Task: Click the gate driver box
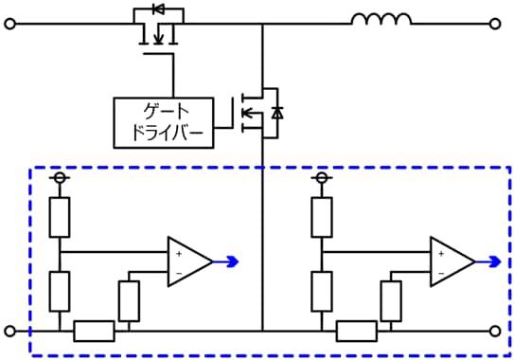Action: coord(164,122)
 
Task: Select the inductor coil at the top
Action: coord(381,19)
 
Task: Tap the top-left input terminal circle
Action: coord(10,25)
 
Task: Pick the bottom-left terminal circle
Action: coord(10,331)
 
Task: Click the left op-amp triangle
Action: coord(188,261)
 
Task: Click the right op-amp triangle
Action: coord(451,261)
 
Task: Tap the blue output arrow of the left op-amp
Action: coord(228,261)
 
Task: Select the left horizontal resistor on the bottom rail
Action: coord(94,331)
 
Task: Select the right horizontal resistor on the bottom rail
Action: coord(356,331)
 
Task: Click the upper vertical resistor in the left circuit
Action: coord(60,218)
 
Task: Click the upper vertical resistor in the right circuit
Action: coord(322,218)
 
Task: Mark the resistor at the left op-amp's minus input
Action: coord(129,300)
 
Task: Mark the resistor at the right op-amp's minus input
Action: coord(390,300)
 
